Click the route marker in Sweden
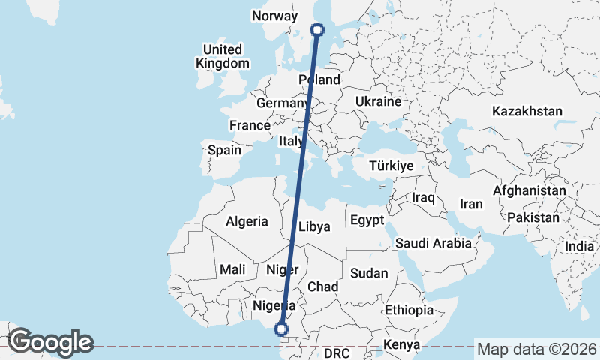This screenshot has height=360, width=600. pos(317,30)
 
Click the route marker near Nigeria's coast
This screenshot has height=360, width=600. pos(281,328)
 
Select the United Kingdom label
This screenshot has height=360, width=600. pos(222,56)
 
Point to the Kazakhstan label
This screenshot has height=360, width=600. pos(526,111)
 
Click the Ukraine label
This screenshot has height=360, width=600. pos(378,100)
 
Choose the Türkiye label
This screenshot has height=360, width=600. pos(391,166)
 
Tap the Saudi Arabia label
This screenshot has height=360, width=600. pos(433,243)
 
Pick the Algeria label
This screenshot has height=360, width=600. pos(247,221)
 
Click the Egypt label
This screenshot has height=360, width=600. pos(367,220)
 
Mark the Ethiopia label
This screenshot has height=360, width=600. pos(409,310)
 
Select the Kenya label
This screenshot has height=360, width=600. pos(400,345)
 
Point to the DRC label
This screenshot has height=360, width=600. pos(337,352)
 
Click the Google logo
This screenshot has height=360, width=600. pos(50,342)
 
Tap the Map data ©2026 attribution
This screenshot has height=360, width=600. pos(536,349)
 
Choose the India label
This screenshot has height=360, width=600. pos(579,246)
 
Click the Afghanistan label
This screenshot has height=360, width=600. pos(529,191)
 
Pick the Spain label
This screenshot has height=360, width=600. pos(224,150)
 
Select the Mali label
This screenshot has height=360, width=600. pos(232,269)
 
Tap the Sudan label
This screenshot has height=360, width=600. pos(369,273)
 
